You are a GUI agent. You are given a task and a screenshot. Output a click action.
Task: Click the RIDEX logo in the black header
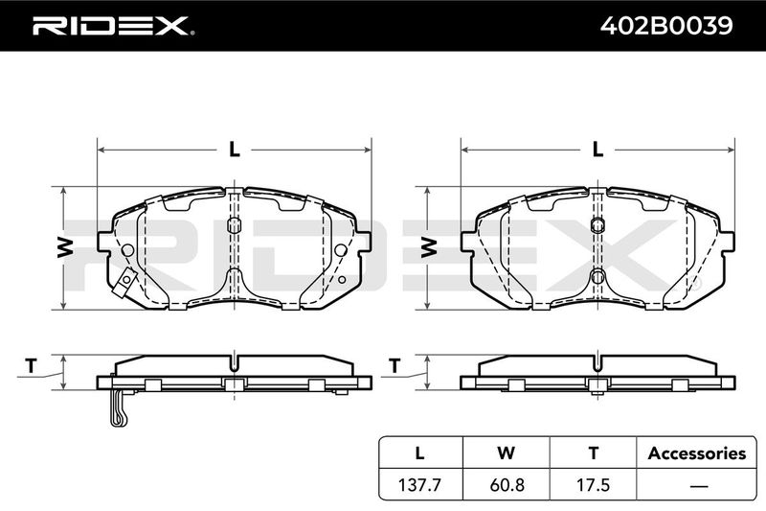click(113, 26)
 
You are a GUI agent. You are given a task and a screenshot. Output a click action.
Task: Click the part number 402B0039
click(666, 26)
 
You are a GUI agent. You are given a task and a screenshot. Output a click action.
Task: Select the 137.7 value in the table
click(419, 484)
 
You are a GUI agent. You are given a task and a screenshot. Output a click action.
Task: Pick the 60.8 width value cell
click(507, 484)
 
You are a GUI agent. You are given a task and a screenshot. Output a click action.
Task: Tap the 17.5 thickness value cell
click(593, 484)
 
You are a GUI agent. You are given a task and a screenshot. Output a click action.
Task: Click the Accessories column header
click(697, 453)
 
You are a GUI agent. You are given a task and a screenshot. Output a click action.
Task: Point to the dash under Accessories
click(699, 486)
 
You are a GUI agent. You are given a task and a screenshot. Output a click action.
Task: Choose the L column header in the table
click(419, 453)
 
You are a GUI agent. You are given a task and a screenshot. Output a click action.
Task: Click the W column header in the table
click(507, 453)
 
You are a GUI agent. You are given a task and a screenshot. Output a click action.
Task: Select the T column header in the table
click(593, 453)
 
